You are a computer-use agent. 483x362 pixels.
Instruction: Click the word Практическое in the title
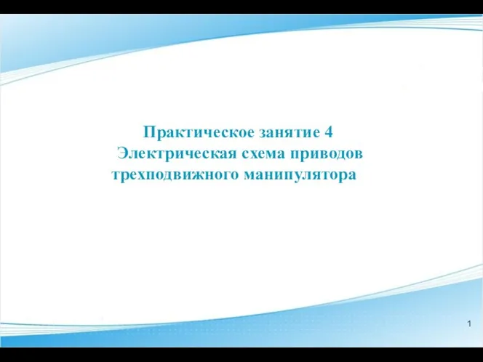click(x=199, y=133)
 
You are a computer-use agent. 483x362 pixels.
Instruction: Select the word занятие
click(x=290, y=133)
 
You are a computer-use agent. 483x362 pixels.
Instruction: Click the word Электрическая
click(x=177, y=153)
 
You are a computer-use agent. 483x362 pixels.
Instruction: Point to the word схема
click(x=263, y=154)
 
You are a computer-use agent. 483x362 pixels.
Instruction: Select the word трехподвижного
click(x=175, y=175)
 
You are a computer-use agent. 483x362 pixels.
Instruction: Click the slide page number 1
click(x=469, y=323)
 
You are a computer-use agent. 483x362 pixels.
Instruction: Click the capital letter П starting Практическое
click(x=149, y=132)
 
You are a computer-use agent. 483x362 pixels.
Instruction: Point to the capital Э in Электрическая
click(x=122, y=153)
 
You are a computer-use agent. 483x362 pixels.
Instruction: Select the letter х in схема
click(x=255, y=154)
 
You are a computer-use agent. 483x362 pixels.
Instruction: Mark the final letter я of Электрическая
click(x=232, y=154)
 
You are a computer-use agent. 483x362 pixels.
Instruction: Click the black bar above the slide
click(x=242, y=7)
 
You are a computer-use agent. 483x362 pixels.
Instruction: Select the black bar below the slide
click(x=242, y=355)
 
